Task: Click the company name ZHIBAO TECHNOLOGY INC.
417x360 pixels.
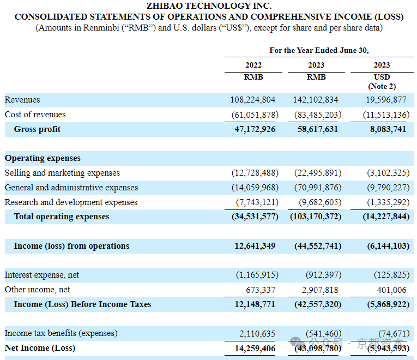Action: click(x=209, y=5)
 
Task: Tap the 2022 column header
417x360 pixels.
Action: click(x=253, y=65)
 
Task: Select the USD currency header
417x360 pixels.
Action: click(x=382, y=77)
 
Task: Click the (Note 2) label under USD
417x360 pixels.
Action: click(x=382, y=86)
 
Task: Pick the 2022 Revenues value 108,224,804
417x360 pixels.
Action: click(x=252, y=100)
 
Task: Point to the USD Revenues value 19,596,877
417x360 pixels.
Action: click(x=386, y=100)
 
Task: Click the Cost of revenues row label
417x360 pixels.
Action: click(x=35, y=115)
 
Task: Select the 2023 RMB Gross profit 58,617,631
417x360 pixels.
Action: click(x=318, y=129)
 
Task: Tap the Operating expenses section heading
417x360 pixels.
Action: click(x=43, y=158)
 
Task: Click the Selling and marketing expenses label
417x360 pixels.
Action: click(x=62, y=173)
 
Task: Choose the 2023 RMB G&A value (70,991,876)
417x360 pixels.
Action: click(x=318, y=188)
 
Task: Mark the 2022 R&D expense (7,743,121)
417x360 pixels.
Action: click(x=257, y=202)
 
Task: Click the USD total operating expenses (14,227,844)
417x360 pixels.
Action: click(x=386, y=217)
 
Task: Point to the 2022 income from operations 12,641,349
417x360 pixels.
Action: click(x=255, y=246)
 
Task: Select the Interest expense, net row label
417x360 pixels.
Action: click(x=42, y=275)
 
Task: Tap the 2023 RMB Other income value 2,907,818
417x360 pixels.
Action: click(x=320, y=290)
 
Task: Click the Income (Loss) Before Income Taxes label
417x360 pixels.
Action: click(x=82, y=304)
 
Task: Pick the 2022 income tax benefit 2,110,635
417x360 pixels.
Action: click(x=257, y=333)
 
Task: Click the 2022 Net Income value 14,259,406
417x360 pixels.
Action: click(x=255, y=349)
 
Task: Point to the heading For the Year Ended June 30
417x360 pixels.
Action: click(x=319, y=50)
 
